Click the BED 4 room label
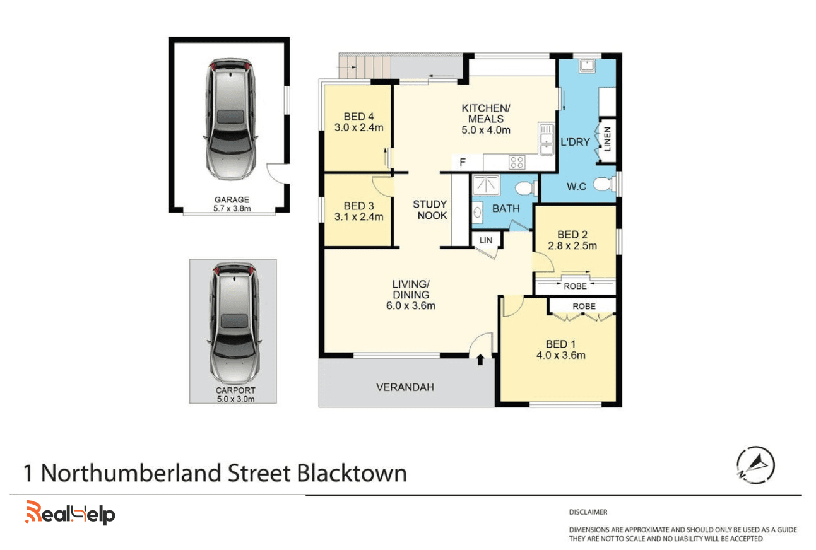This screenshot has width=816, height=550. click(x=359, y=117)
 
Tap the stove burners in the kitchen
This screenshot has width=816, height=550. click(x=517, y=162)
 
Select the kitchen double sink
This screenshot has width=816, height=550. click(x=546, y=139)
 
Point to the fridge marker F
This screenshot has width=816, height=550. click(x=463, y=162)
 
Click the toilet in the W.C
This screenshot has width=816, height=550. click(x=605, y=184)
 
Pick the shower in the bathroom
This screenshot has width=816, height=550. click(x=486, y=185)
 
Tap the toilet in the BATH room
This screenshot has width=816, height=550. click(x=527, y=188)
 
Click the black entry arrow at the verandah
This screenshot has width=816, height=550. click(x=480, y=360)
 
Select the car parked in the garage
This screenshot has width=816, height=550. click(x=230, y=119)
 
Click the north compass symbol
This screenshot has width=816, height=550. click(x=755, y=465)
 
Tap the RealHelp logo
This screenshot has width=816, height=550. click(x=70, y=513)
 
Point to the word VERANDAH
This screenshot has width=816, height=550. click(x=405, y=387)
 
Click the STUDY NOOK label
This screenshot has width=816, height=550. click(x=430, y=209)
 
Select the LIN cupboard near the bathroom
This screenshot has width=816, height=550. click(x=486, y=240)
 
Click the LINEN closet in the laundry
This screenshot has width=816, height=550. click(x=607, y=140)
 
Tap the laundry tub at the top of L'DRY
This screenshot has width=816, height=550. click(x=587, y=66)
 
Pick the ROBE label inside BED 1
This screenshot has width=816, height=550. click(x=584, y=307)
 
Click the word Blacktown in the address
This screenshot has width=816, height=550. click(x=352, y=473)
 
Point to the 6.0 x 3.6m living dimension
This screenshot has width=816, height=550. click(x=411, y=305)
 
